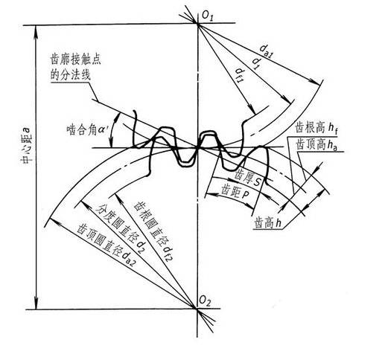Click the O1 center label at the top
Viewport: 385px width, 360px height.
[x=208, y=16]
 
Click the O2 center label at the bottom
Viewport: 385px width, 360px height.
[x=205, y=301]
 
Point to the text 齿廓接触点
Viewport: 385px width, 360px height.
[x=76, y=60]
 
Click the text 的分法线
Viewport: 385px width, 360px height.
[x=70, y=74]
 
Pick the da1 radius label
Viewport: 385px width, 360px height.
[x=267, y=52]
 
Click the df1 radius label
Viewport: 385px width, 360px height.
[x=240, y=74]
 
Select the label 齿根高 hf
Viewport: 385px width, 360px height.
[x=316, y=128]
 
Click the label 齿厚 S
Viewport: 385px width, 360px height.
[x=248, y=178]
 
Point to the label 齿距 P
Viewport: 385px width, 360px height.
[x=235, y=190]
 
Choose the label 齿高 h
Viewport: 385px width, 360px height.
[x=268, y=223]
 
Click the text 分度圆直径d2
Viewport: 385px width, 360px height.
[x=120, y=228]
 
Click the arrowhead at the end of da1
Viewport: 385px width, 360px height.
[x=316, y=82]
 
